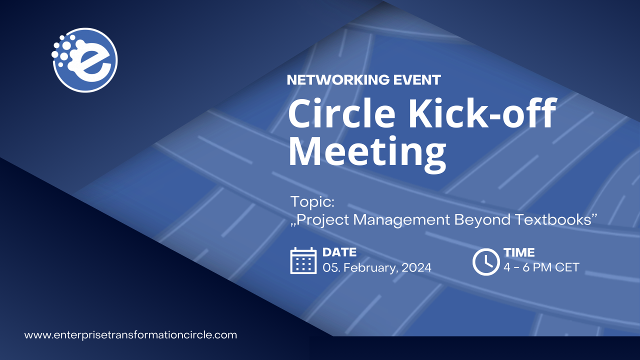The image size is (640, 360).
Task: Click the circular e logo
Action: tap(85, 60)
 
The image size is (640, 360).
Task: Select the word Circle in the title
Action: tap(341, 113)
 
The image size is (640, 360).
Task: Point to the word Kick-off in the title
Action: tap(482, 112)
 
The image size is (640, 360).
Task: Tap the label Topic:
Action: tap(312, 201)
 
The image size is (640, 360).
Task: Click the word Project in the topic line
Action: tap(320, 220)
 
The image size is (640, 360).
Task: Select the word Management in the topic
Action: tap(401, 219)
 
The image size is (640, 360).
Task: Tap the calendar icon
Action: tap(303, 260)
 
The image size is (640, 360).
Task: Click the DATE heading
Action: tap(339, 252)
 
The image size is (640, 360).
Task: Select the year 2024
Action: tap(416, 267)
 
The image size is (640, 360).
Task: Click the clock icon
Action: tap(486, 261)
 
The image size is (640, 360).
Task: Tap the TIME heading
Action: tap(519, 252)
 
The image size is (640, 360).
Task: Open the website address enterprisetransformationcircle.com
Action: tap(130, 335)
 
